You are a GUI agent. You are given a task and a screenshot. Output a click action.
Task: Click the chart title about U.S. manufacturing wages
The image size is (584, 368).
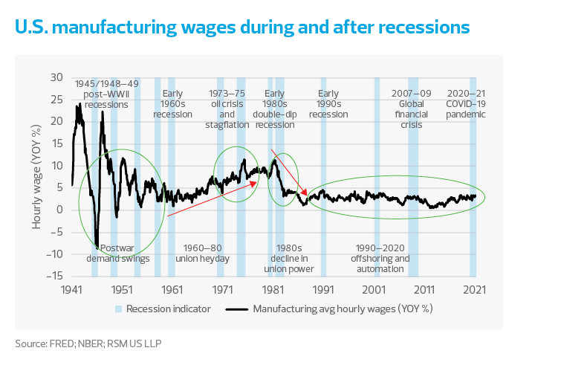pyautogui.click(x=241, y=28)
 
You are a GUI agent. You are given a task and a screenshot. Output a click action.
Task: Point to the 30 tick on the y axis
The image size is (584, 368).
pyautogui.click(x=56, y=77)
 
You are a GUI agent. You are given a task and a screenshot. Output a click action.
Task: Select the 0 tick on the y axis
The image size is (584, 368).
pyautogui.click(x=60, y=210)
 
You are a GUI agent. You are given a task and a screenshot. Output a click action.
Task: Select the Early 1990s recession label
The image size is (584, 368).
pyautogui.click(x=328, y=104)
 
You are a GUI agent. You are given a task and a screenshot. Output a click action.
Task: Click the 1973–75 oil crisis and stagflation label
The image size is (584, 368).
pyautogui.click(x=227, y=109)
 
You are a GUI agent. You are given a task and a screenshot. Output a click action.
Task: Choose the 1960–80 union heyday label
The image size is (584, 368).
pyautogui.click(x=203, y=253)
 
